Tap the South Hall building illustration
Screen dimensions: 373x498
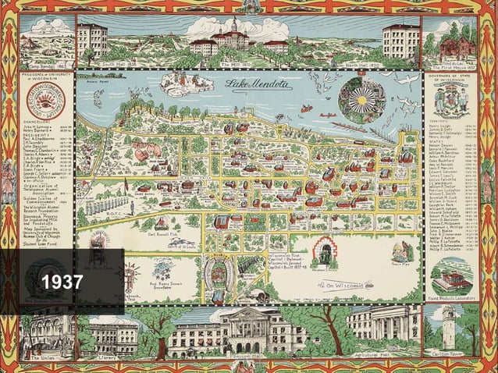click(x=92, y=41)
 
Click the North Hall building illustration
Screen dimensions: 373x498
click(x=402, y=41)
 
